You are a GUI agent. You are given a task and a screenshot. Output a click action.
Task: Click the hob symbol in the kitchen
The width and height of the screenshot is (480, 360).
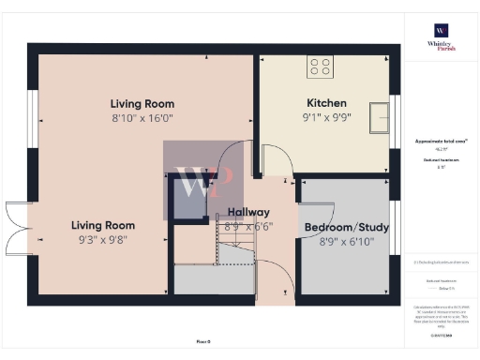320,67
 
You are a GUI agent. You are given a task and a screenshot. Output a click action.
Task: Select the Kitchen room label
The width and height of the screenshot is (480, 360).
326,103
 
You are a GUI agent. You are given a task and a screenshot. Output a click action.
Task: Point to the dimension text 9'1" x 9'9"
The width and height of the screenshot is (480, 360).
326,118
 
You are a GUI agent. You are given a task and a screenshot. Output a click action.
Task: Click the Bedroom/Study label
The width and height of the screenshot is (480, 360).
346,228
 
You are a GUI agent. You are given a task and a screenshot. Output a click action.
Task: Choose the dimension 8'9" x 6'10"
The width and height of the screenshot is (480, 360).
346,243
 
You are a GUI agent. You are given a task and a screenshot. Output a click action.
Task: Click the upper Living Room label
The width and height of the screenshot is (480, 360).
142,104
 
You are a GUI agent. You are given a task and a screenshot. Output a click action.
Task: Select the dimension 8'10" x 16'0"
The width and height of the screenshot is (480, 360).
142,119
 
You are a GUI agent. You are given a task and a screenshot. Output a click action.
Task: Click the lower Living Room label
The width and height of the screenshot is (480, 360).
102,225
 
